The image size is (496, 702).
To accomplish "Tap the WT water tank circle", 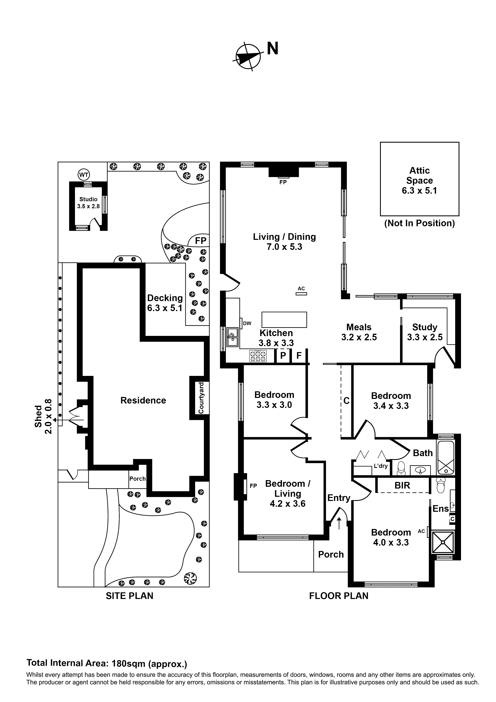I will click(84, 175).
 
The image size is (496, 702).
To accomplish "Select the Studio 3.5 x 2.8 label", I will click(88, 203).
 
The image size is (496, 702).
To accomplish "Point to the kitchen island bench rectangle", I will click(284, 319).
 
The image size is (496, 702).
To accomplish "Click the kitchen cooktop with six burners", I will click(258, 356).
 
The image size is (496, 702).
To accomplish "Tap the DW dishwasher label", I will click(247, 323).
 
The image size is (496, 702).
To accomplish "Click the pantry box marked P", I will click(283, 356).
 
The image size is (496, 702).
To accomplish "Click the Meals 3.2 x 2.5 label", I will click(359, 332).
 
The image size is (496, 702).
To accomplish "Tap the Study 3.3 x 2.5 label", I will click(424, 332).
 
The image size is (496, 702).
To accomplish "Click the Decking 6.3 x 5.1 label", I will click(165, 303).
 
